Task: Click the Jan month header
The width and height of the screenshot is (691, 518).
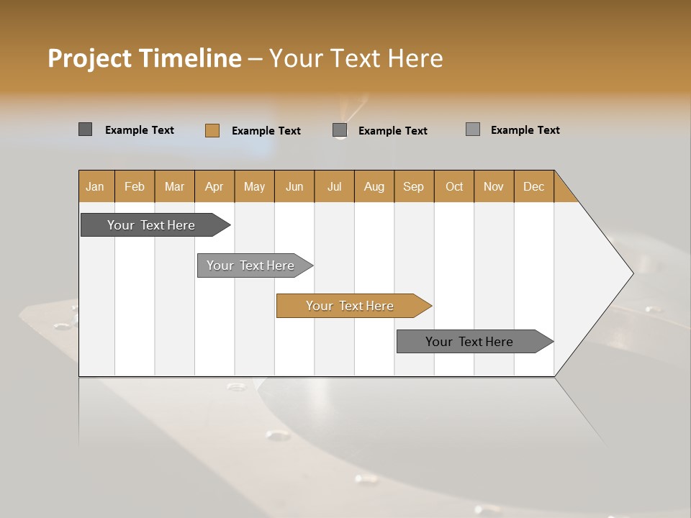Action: coord(95,186)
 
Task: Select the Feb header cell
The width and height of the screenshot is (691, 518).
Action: coord(135,186)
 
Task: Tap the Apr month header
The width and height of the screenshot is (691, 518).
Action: coord(214,186)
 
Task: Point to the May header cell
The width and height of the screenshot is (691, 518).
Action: coord(254,186)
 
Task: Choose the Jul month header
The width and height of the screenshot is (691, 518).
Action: coord(334,186)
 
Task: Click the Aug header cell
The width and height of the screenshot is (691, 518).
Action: coord(374,186)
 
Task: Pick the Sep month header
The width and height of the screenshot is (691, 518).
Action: coord(414,186)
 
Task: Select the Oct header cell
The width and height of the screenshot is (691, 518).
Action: coord(454,186)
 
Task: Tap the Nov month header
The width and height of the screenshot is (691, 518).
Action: coord(494,186)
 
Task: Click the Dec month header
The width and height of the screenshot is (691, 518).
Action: coord(534,186)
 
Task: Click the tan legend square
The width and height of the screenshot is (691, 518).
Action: coord(212,130)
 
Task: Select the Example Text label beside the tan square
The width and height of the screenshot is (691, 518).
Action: coord(266,131)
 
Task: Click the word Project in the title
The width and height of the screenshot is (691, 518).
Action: coord(89,58)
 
